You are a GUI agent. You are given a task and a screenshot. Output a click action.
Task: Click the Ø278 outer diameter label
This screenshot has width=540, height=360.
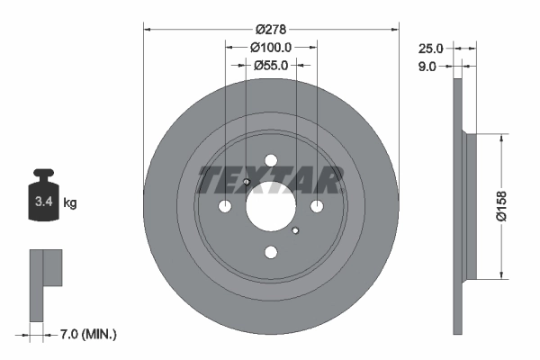(271, 30)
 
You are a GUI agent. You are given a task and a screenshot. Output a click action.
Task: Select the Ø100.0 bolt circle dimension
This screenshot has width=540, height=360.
(271, 47)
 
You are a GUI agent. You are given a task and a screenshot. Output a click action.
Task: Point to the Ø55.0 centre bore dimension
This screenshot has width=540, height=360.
(270, 65)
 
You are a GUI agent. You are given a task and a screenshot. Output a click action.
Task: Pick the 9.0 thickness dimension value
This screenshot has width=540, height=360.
(427, 66)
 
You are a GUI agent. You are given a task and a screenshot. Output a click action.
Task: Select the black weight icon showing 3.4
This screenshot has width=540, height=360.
(43, 196)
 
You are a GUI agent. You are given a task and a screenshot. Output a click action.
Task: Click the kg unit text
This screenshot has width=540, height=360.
(70, 203)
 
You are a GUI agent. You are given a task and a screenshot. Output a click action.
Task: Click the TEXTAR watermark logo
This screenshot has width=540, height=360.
(270, 179)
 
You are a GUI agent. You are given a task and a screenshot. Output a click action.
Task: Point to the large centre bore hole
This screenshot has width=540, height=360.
(270, 207)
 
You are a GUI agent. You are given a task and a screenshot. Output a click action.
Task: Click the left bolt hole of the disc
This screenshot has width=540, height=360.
(224, 207)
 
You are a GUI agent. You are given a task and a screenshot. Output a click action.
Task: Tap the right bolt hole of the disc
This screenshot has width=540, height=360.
(317, 207)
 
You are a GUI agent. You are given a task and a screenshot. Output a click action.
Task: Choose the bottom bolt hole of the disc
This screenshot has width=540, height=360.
(270, 254)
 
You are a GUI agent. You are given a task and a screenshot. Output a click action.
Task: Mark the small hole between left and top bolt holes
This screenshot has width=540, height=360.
(246, 184)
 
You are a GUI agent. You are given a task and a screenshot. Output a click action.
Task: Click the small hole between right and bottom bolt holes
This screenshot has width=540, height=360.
(295, 230)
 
